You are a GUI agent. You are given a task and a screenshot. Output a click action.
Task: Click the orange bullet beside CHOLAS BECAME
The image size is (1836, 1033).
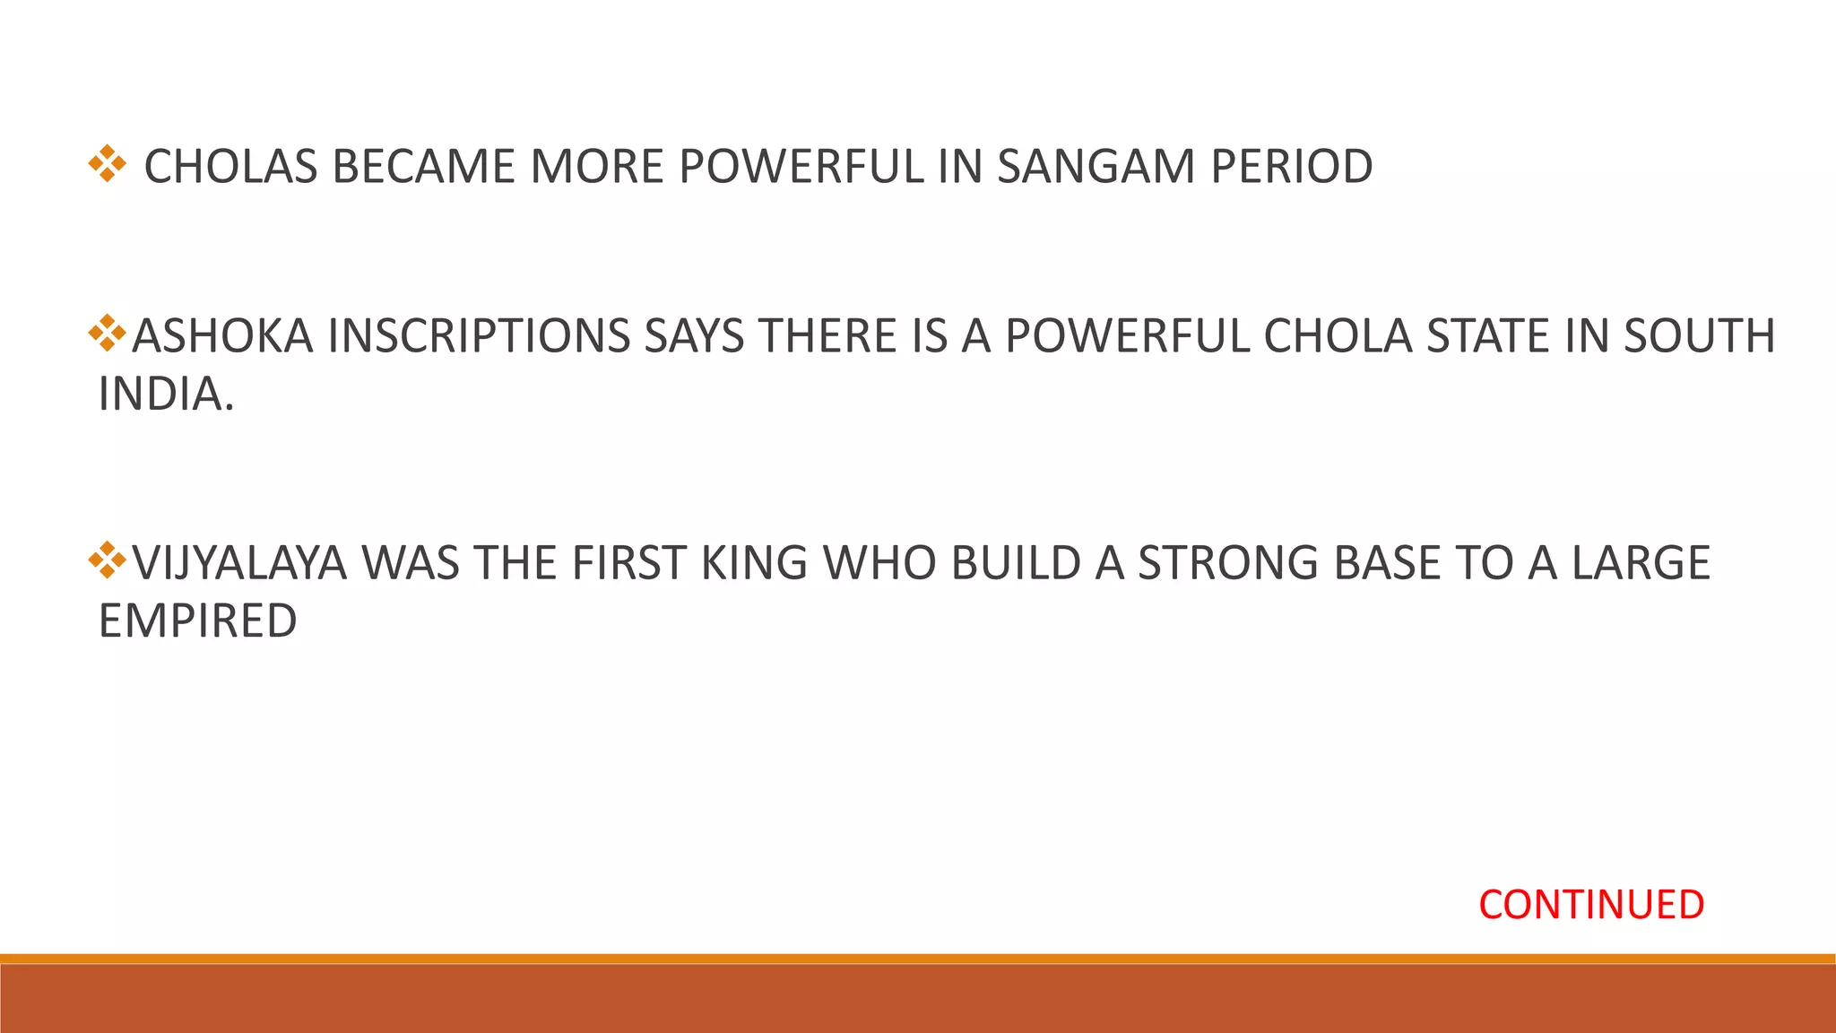(x=107, y=164)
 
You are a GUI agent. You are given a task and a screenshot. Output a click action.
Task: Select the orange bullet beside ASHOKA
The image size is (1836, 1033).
(x=107, y=333)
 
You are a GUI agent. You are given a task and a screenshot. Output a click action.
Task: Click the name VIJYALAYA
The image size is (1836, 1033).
(x=239, y=563)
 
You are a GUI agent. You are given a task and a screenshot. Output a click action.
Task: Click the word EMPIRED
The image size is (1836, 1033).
(x=197, y=621)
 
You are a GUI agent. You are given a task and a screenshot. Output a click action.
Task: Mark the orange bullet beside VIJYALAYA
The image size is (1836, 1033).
(x=107, y=560)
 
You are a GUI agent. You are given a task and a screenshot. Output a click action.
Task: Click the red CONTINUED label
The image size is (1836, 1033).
(x=1590, y=905)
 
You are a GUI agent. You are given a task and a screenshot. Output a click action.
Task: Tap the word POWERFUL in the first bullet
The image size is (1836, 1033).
(x=801, y=167)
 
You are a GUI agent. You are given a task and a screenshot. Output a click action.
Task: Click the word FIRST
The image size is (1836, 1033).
(x=628, y=563)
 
